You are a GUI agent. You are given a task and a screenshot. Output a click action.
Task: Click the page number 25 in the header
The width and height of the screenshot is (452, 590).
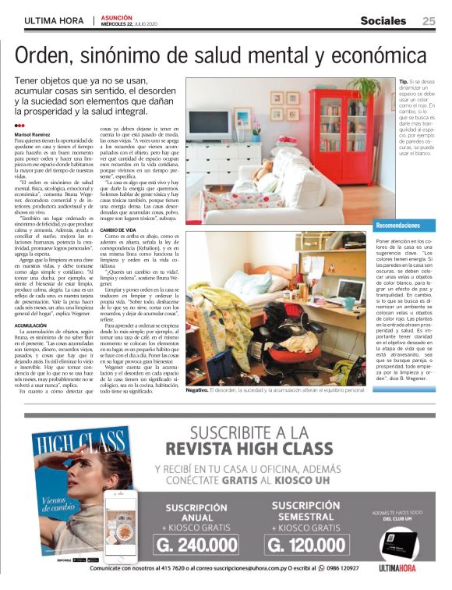pyautogui.click(x=429, y=21)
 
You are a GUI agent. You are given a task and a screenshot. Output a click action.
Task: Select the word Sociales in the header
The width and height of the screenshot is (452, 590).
pyautogui.click(x=383, y=21)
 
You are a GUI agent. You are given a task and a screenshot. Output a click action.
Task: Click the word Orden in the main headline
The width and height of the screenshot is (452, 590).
pyautogui.click(x=49, y=55)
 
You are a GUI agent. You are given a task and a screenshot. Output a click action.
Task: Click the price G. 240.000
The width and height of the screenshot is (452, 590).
pyautogui.click(x=198, y=545)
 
